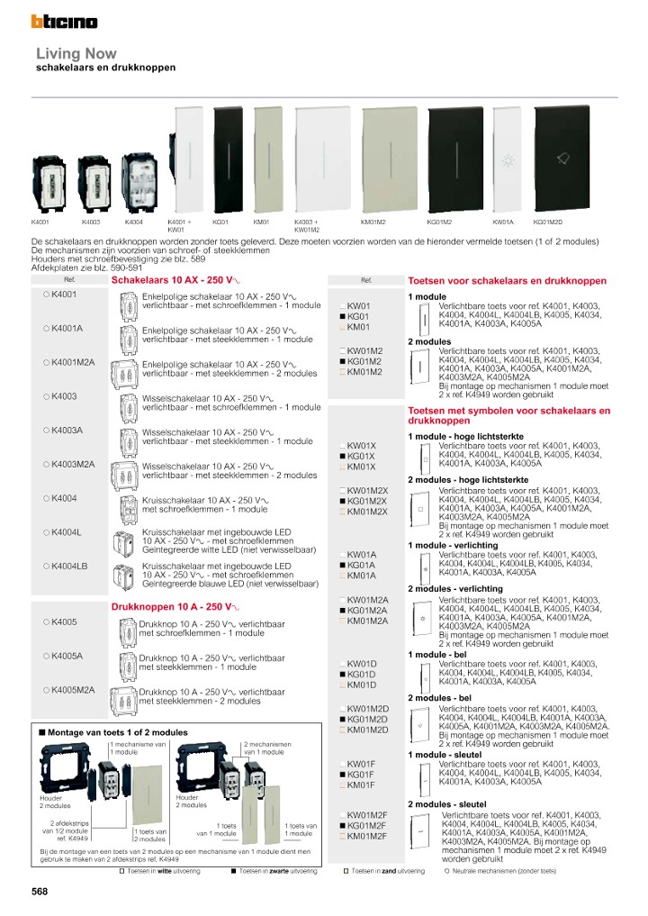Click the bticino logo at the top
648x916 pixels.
[64, 21]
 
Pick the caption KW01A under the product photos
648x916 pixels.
[502, 222]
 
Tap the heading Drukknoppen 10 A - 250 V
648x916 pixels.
[173, 607]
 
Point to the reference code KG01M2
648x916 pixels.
[365, 361]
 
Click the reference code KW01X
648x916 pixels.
[361, 446]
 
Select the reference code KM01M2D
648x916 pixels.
[367, 730]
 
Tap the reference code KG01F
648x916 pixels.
[361, 775]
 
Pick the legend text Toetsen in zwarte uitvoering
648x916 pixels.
[279, 872]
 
